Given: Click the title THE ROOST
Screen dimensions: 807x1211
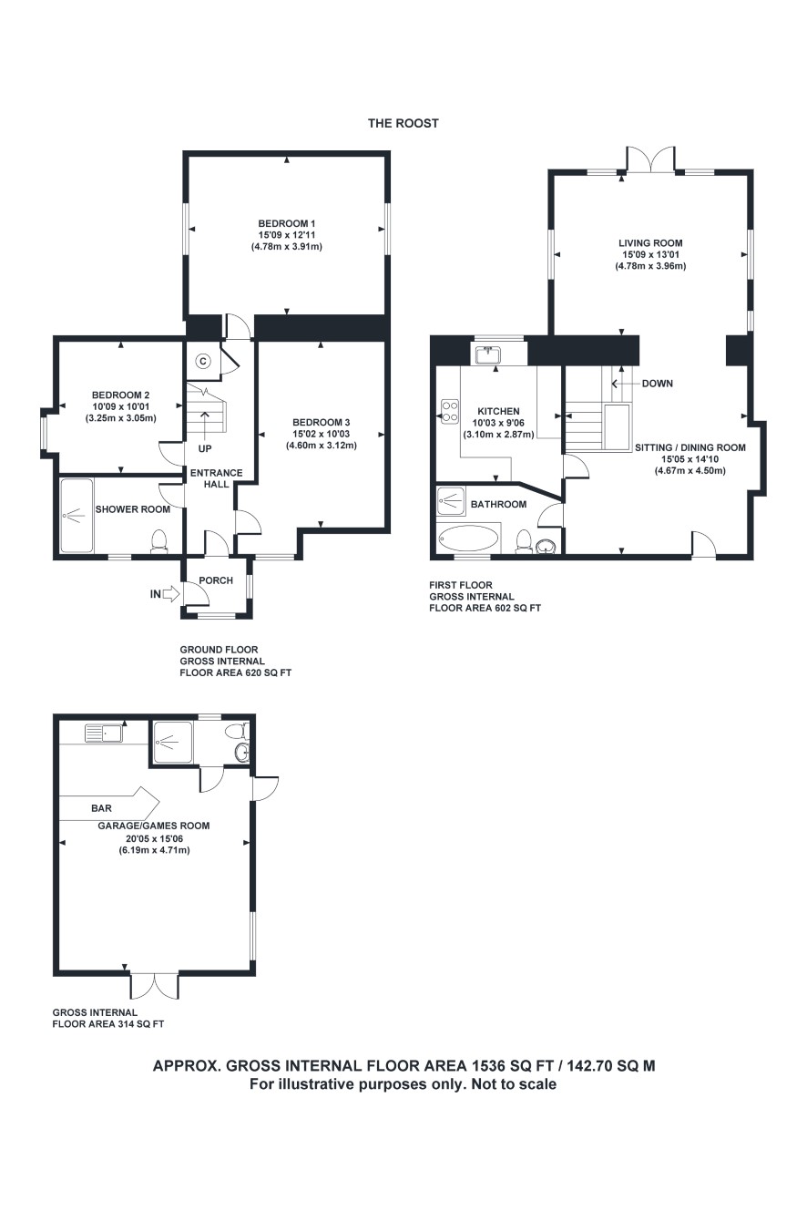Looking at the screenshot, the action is (403, 123).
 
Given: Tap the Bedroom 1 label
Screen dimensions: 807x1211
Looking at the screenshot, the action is (287, 223).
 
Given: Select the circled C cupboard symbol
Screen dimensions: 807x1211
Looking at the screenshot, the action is (203, 361).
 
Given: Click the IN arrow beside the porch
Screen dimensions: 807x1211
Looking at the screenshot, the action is (171, 593).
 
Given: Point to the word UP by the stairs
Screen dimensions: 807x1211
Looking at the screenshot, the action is (205, 448).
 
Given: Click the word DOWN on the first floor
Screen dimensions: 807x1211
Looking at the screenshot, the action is (658, 384).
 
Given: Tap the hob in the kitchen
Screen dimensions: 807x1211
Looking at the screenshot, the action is (450, 412).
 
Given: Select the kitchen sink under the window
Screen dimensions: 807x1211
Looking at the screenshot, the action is (488, 355).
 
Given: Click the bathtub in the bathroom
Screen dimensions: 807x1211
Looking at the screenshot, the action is (468, 538).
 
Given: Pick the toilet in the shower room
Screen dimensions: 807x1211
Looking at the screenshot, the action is (158, 541).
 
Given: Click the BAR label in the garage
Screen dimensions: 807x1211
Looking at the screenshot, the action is (102, 808).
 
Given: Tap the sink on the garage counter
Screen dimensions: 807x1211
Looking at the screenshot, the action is (104, 734).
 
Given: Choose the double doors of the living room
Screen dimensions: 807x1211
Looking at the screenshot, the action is (650, 159).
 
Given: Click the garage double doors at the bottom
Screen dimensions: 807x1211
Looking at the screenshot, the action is (154, 986).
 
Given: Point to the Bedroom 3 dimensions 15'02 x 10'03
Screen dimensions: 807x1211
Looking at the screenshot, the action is (322, 434).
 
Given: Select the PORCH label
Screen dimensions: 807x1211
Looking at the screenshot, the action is (216, 580).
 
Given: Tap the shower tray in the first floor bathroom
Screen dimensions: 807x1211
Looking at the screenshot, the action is (450, 501).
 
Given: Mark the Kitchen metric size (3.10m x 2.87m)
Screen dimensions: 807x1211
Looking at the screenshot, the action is (498, 435).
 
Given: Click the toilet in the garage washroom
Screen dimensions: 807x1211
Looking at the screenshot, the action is (239, 731).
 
